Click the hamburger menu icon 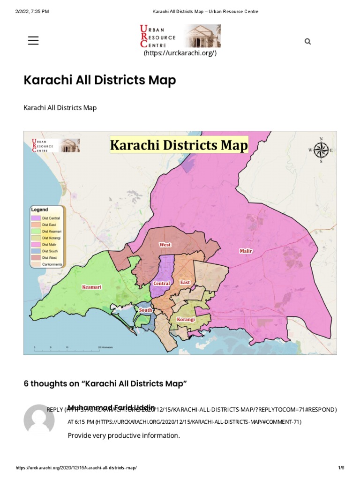pyautogui.click(x=33, y=41)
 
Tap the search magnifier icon pyautogui.click(x=307, y=41)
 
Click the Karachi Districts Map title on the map pyautogui.click(x=179, y=145)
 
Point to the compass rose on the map pyautogui.click(x=321, y=150)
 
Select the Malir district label pyautogui.click(x=246, y=251)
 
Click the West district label pyautogui.click(x=165, y=245)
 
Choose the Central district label pyautogui.click(x=161, y=284)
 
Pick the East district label pyautogui.click(x=185, y=283)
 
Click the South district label pyautogui.click(x=145, y=310)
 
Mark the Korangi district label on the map pyautogui.click(x=186, y=319)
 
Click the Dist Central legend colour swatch pyautogui.click(x=36, y=218)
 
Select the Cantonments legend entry pyautogui.click(x=52, y=264)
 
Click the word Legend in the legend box pyautogui.click(x=39, y=210)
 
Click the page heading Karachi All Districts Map pyautogui.click(x=100, y=80)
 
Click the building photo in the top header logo pyautogui.click(x=202, y=36)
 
